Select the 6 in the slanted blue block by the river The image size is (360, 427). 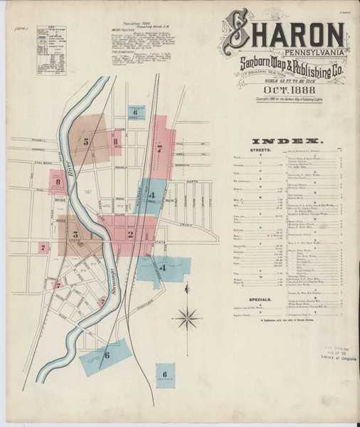pyautogui.click(x=107, y=355)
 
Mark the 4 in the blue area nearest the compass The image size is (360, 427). pyautogui.click(x=163, y=268)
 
